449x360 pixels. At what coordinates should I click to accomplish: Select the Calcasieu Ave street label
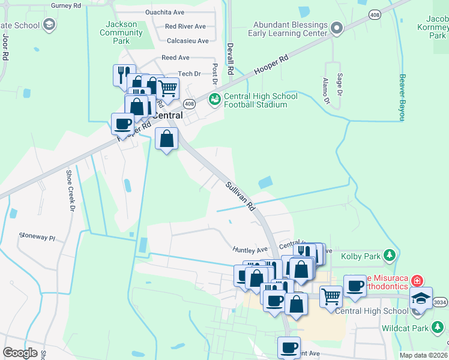tap(188, 41)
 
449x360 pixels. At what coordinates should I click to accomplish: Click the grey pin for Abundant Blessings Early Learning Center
tap(337, 28)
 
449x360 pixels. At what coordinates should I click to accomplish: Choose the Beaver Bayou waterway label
tap(403, 98)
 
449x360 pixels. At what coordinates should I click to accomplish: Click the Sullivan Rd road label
tap(241, 196)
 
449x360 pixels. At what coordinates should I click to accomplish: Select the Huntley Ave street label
tap(250, 249)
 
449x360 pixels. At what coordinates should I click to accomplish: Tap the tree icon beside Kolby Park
tap(390, 256)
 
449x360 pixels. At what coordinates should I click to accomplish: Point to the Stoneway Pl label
tap(37, 237)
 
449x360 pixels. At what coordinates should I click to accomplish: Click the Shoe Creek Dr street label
tap(70, 190)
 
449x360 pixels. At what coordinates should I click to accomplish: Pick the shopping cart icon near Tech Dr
tap(168, 88)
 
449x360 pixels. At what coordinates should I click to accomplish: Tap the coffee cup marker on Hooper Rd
tap(122, 124)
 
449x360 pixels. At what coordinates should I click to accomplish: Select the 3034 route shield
tap(440, 302)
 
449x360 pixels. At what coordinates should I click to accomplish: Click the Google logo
tap(20, 353)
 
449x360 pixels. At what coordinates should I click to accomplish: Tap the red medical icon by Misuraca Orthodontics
tap(417, 280)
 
